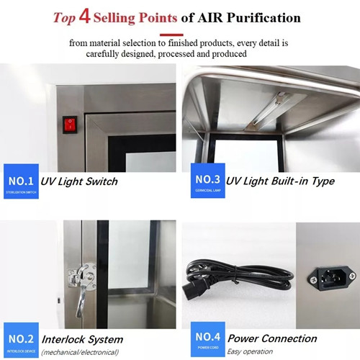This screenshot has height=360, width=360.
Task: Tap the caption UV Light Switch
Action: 78,181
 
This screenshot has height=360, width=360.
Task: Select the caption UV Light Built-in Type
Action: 280,181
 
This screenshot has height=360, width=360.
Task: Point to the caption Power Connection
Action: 272,338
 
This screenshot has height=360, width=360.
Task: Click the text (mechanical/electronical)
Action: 80,352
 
